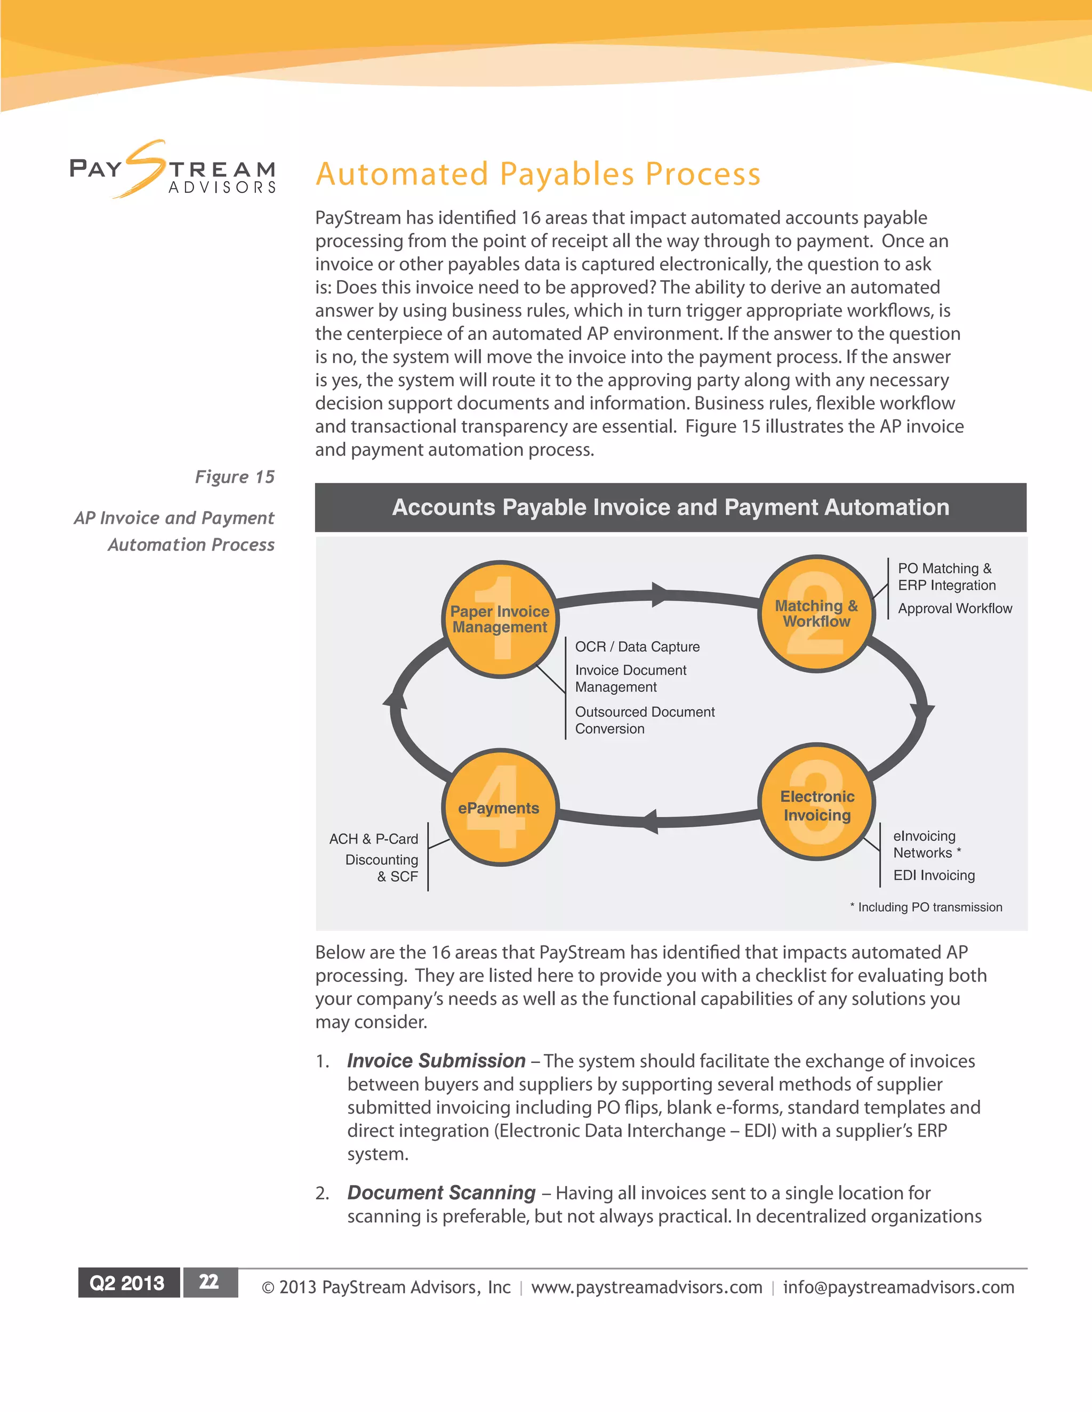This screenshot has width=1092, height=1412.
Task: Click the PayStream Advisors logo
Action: click(x=173, y=170)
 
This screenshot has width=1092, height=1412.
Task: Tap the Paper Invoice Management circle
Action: click(x=500, y=619)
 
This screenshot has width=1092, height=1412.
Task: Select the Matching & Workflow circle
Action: click(x=816, y=613)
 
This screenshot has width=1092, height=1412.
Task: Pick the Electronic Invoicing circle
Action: click(x=817, y=802)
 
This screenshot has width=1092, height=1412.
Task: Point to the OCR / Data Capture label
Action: click(x=637, y=646)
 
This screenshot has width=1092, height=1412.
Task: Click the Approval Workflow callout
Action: click(x=954, y=608)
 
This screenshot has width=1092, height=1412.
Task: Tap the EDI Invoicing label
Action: click(x=934, y=875)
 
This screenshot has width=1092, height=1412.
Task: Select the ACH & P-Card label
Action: click(x=373, y=839)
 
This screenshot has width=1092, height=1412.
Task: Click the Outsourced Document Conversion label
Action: click(x=644, y=720)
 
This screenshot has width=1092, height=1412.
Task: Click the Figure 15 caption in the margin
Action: click(x=235, y=477)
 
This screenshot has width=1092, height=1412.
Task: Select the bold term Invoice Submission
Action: click(x=436, y=1061)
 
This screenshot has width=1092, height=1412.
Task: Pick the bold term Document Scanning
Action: click(x=441, y=1193)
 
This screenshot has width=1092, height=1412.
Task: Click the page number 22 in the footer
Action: click(x=209, y=1282)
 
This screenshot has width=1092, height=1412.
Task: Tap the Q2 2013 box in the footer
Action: click(x=127, y=1283)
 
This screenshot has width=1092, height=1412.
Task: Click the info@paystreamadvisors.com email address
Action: click(x=898, y=1287)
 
